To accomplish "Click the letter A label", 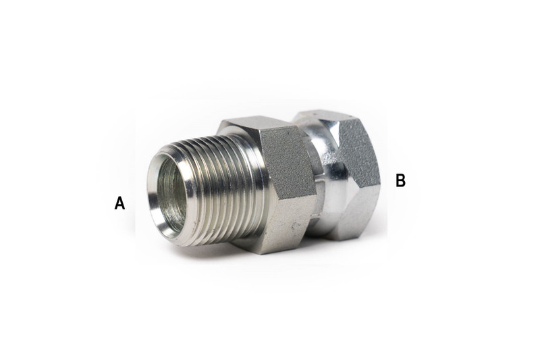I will coord(119,203).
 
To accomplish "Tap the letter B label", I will coord(400,180).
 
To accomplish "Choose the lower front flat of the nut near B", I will coord(358,209).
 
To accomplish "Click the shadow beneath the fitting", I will coord(270,260).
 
